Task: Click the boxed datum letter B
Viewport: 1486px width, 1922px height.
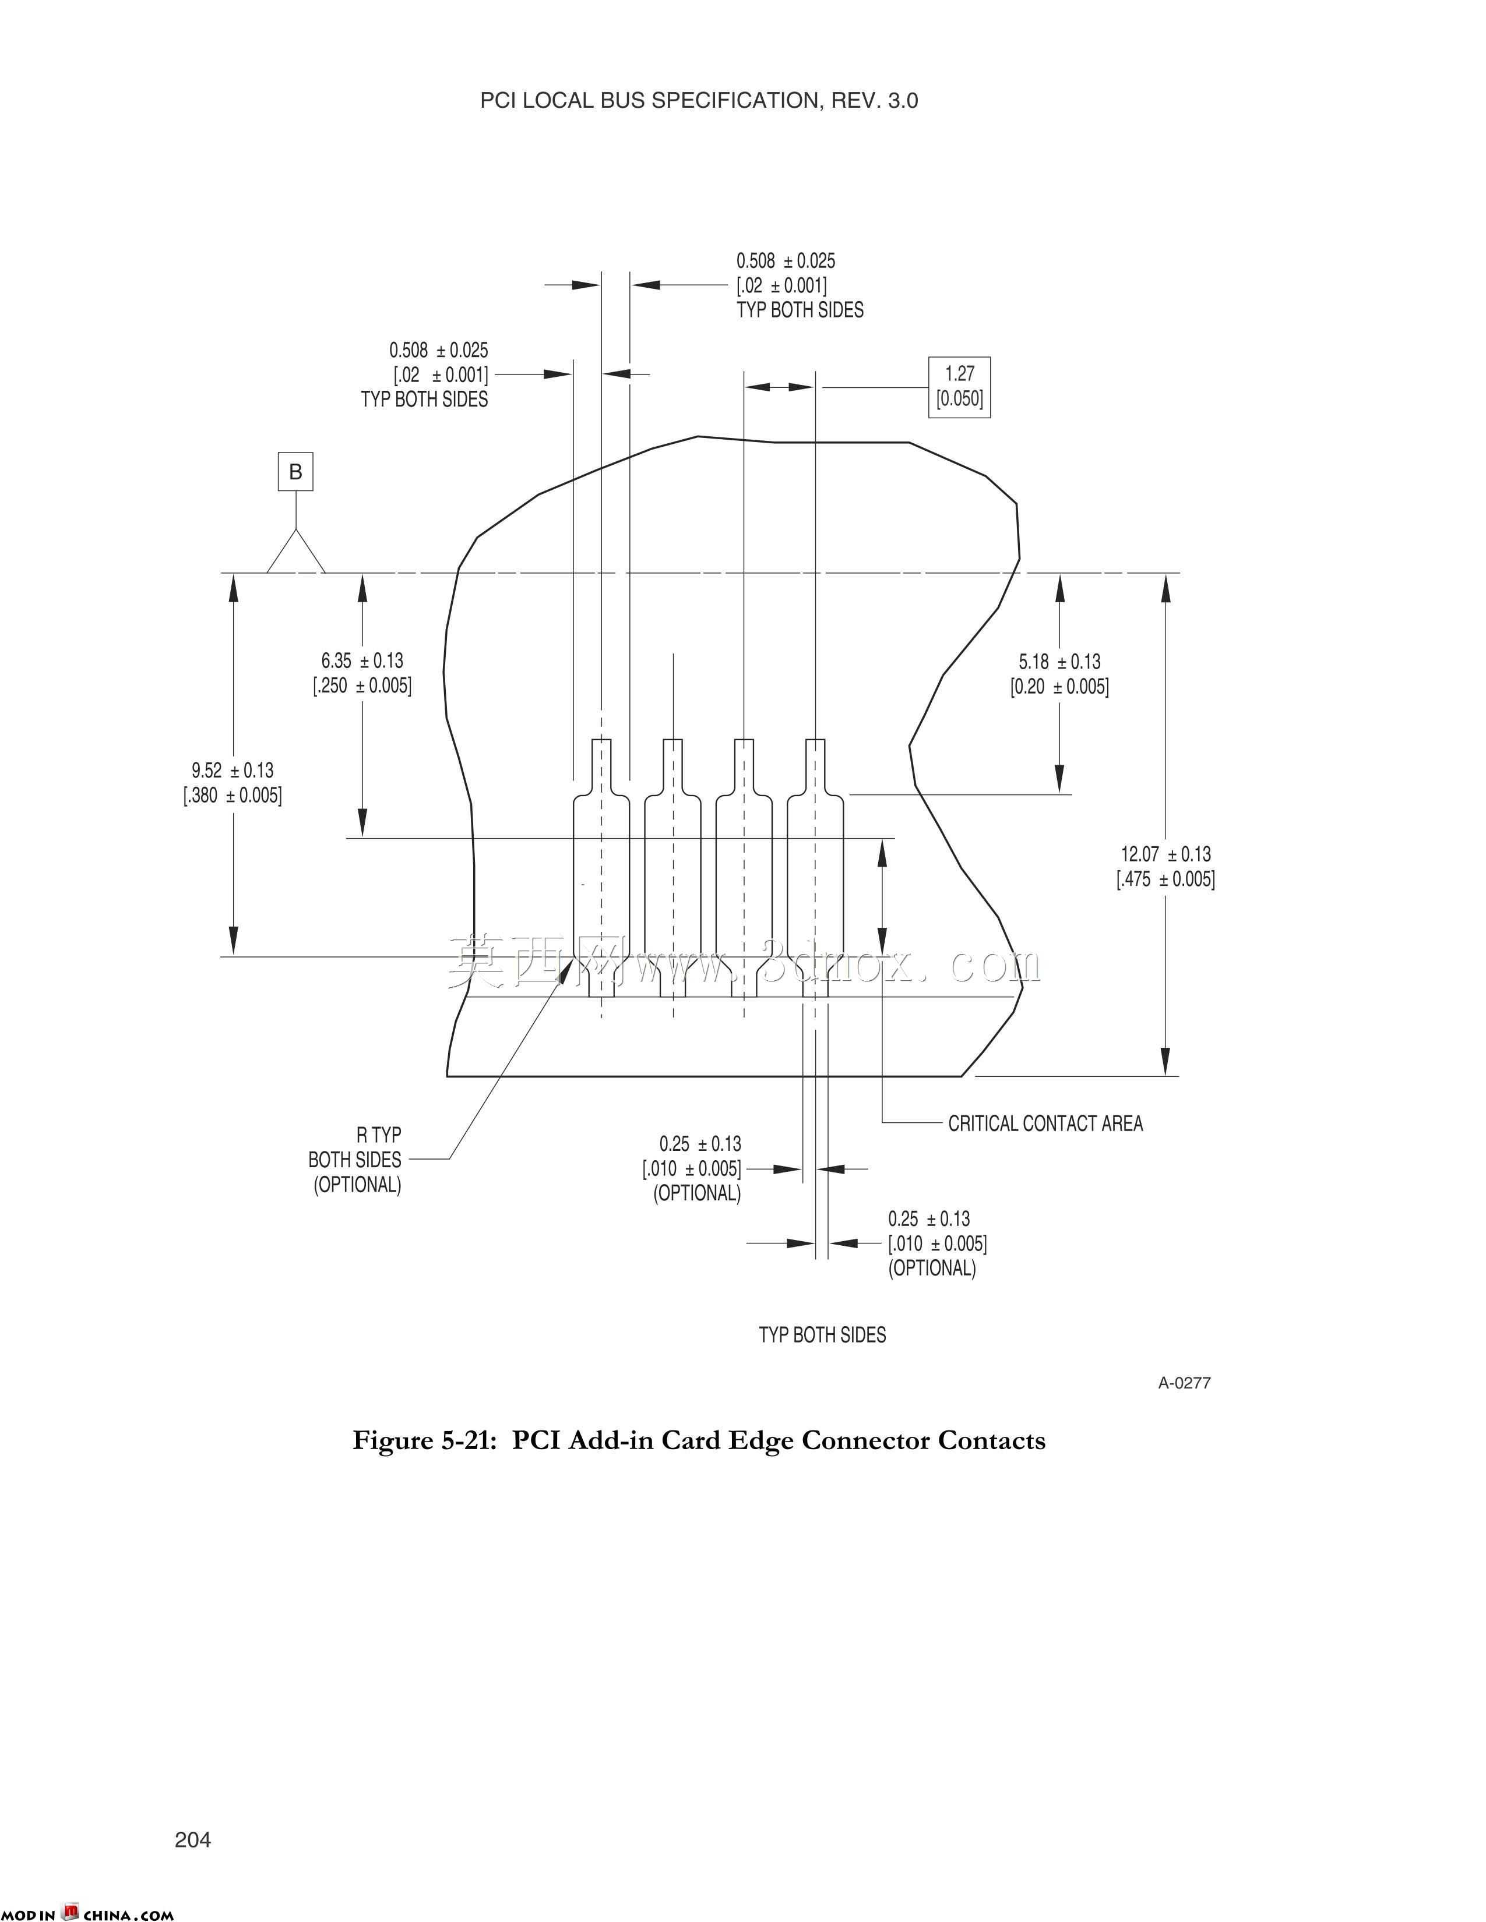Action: (296, 472)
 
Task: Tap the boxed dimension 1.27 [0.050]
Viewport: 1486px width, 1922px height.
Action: (960, 386)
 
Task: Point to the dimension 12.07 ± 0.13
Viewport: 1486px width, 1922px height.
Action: (1165, 854)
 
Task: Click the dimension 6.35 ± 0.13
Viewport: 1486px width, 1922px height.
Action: (362, 660)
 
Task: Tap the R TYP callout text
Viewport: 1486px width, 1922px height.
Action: (379, 1135)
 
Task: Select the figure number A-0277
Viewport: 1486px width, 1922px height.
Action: (1184, 1383)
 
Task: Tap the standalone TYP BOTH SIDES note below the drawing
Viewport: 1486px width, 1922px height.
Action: (822, 1334)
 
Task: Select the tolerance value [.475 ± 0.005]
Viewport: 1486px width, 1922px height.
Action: (1165, 878)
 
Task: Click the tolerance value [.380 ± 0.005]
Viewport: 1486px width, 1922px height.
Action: (233, 796)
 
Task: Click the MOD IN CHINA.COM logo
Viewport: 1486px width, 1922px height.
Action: (87, 1912)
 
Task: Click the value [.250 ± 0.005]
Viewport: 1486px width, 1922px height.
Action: (362, 685)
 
